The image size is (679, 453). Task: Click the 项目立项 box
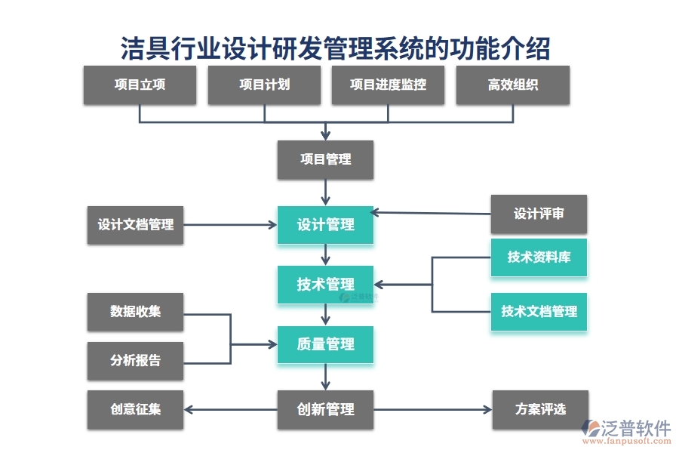[140, 85]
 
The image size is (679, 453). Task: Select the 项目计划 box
[264, 85]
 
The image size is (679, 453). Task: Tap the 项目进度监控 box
[388, 85]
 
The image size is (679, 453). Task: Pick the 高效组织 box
[512, 85]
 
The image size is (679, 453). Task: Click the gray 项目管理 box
[325, 159]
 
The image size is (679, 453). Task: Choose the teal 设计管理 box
[325, 225]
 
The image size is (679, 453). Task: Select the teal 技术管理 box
[325, 285]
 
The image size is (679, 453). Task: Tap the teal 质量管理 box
[325, 344]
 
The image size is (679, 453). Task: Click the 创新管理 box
[325, 409]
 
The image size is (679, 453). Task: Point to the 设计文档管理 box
[135, 225]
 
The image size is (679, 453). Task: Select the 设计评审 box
[539, 214]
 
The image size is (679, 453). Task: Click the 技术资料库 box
[539, 257]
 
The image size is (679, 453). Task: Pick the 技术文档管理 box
[539, 311]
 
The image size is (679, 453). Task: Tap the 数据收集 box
[135, 311]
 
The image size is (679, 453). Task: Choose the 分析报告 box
[135, 360]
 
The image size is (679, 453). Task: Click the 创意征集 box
[135, 409]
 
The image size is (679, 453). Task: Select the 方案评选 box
[540, 409]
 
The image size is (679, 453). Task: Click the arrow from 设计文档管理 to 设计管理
[230, 224]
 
